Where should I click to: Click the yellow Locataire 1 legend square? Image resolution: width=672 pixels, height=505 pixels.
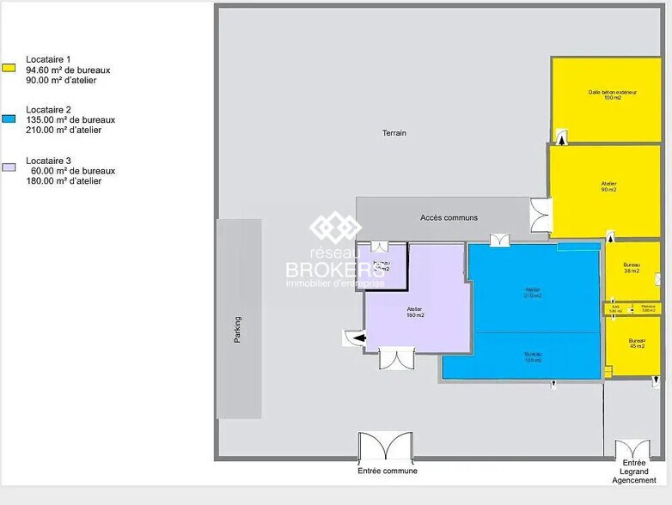pos(9,68)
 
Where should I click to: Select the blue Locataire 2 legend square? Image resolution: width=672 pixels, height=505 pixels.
pos(9,119)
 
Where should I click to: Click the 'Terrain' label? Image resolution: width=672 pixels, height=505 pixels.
pos(394,133)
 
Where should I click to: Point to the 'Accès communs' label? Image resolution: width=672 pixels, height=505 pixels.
pos(449,217)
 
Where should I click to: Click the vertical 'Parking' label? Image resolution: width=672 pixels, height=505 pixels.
pos(238,331)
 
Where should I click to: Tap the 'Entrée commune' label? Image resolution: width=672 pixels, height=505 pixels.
pos(388,471)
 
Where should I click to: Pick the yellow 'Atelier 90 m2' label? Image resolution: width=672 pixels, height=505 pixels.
pos(608,186)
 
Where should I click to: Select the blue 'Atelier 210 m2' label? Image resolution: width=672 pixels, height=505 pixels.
pos(533,293)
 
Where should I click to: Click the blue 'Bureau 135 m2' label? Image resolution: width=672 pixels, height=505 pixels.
pos(533,357)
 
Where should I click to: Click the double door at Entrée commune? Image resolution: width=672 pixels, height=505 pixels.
pos(387,447)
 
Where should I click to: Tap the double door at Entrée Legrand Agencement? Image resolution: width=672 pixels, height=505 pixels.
pos(633,451)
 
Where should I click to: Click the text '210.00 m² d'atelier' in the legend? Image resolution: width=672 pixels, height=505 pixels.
pos(64,131)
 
